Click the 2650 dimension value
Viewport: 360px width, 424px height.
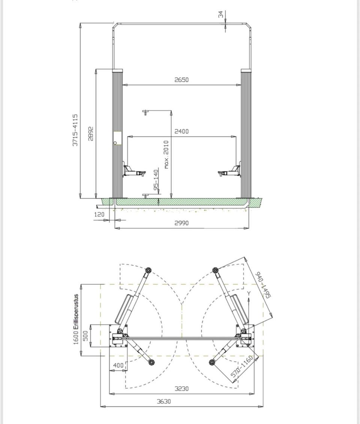(181, 80)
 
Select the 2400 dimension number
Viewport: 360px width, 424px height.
(181, 131)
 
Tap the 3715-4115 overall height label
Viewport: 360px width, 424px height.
(75, 130)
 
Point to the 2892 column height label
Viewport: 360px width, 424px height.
(91, 134)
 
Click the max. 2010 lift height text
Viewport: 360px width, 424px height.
(166, 154)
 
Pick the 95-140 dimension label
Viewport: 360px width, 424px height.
(156, 180)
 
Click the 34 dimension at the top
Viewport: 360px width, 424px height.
(221, 14)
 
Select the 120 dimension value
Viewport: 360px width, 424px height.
(99, 214)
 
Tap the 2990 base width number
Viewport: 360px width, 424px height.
(181, 223)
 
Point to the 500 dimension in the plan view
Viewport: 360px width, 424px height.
(85, 336)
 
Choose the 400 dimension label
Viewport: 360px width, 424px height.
(118, 365)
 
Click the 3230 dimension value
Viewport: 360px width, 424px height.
(181, 389)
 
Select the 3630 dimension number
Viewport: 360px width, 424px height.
(164, 402)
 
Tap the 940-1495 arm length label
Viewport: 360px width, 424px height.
(263, 285)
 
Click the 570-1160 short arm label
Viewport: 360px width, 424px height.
(242, 367)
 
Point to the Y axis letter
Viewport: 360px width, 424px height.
(249, 293)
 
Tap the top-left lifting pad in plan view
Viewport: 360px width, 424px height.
(148, 271)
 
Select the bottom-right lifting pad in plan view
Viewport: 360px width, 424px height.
(212, 362)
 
